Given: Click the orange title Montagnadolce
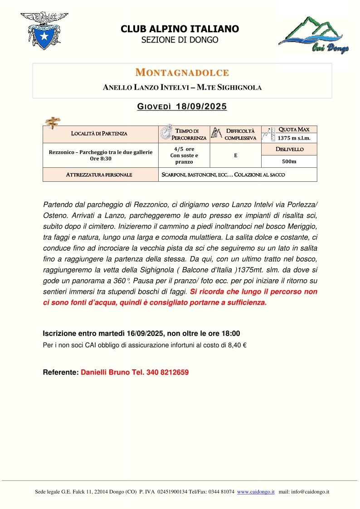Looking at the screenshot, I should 182,73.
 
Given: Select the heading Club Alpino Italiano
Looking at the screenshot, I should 180,29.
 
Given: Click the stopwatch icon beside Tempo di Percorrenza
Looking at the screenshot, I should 166,132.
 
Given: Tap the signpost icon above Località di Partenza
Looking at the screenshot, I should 54,121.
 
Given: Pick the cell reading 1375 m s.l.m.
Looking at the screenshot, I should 294,138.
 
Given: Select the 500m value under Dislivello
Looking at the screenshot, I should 289,161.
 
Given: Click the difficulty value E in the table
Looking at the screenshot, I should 236,155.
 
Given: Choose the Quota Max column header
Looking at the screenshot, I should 294,130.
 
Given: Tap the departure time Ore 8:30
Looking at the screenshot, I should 100,159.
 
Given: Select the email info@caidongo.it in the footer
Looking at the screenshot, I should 310,492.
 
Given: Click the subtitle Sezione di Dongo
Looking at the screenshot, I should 180,40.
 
